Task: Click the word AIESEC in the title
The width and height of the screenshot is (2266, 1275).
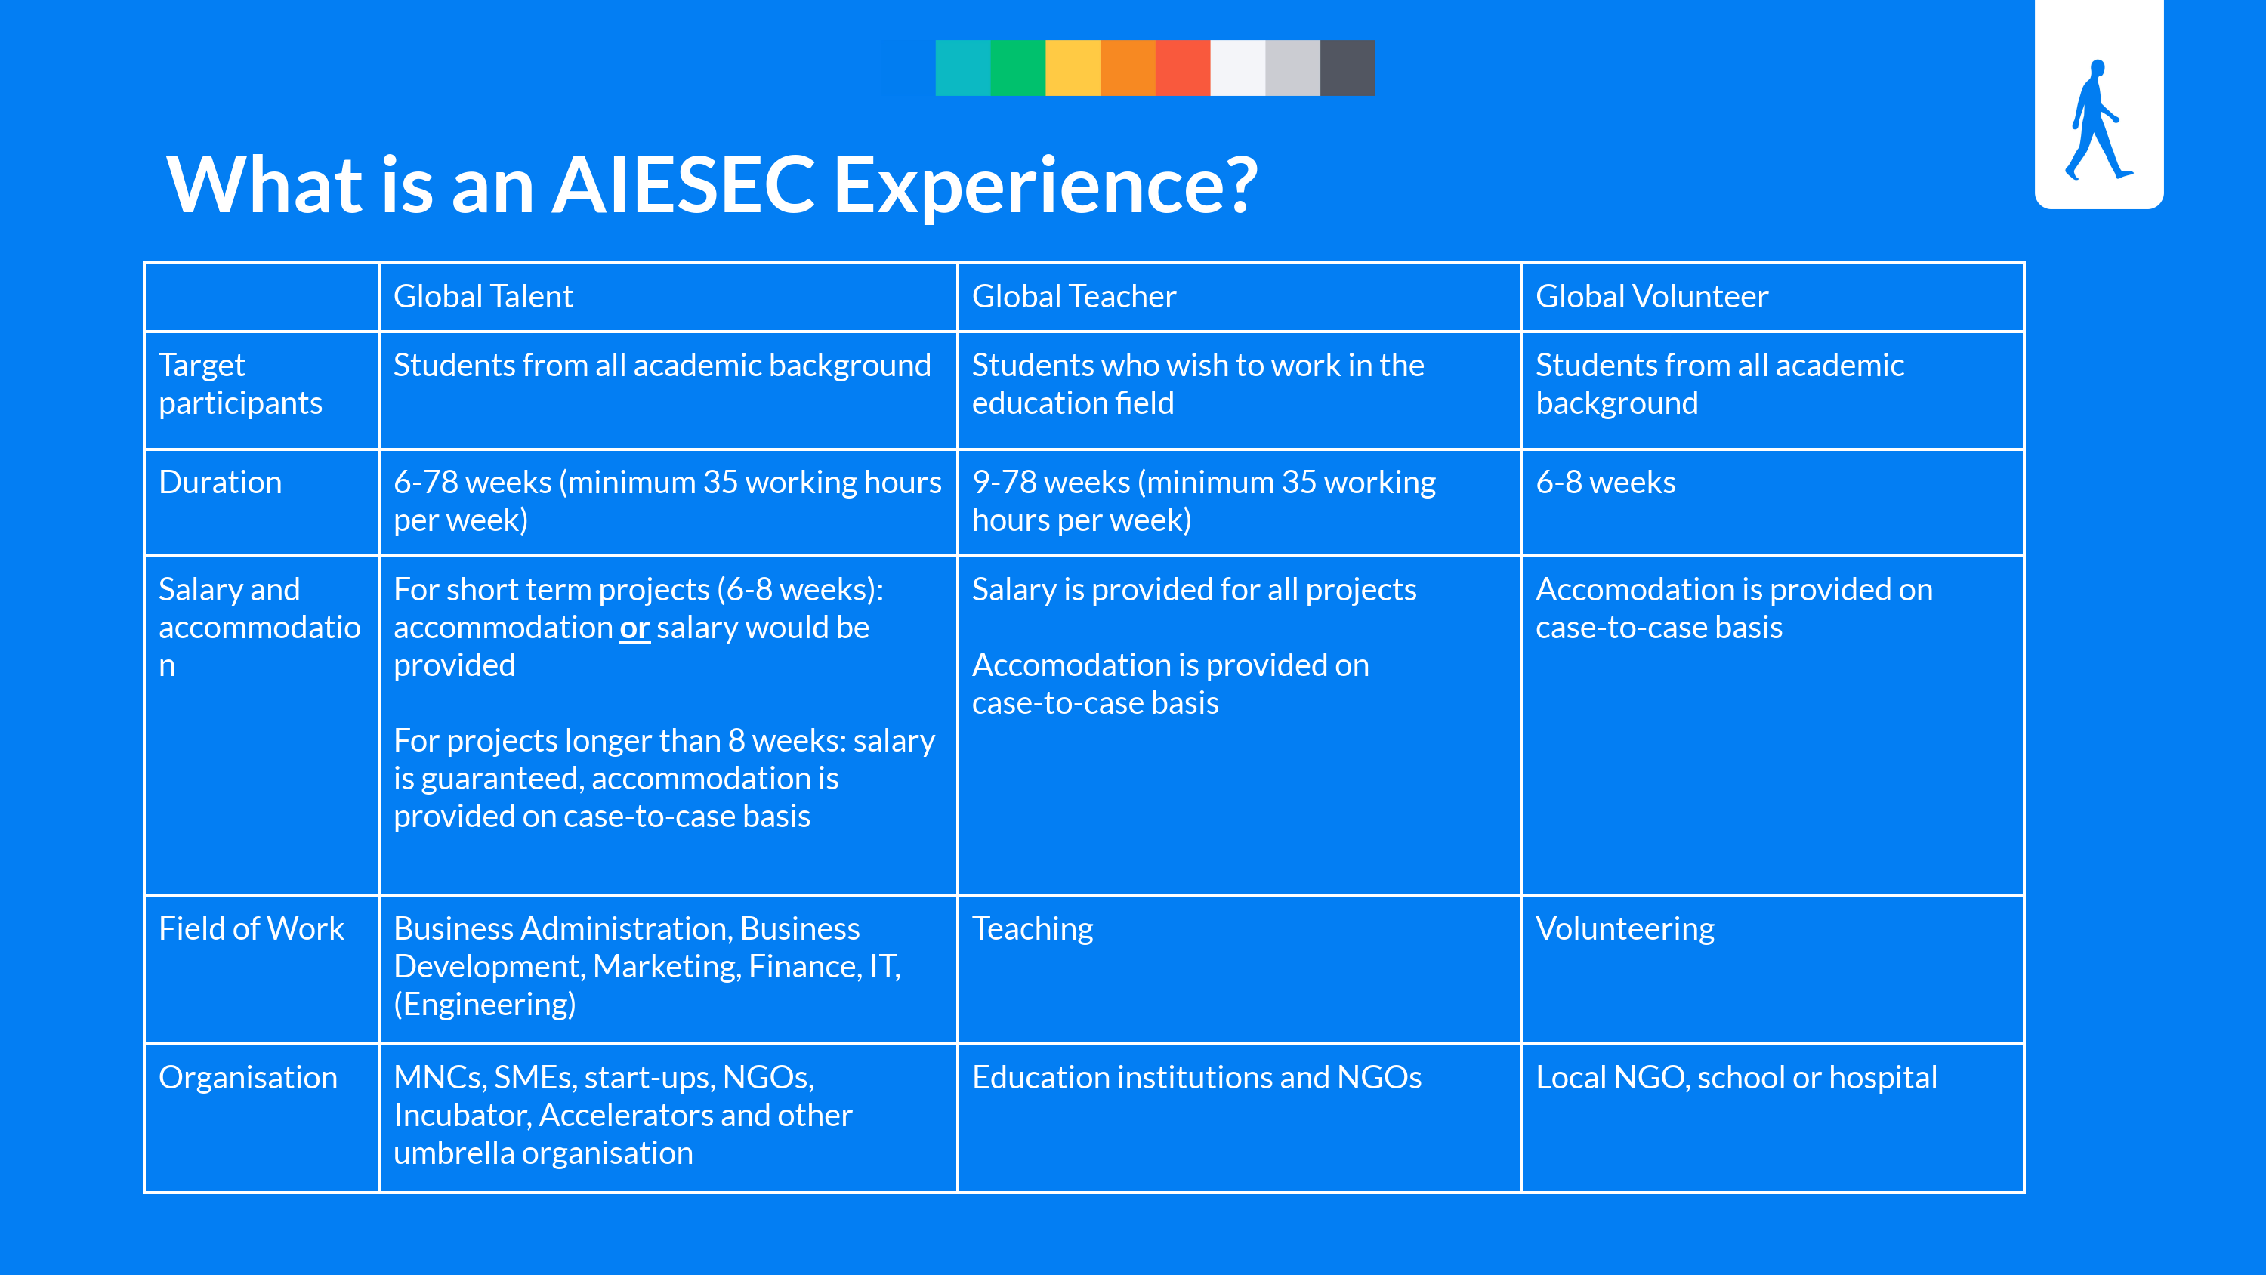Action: [x=684, y=185]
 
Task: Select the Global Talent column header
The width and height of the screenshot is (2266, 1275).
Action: [x=483, y=297]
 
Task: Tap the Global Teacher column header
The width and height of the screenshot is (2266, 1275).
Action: [x=1073, y=297]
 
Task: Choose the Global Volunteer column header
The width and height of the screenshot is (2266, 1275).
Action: [x=1651, y=297]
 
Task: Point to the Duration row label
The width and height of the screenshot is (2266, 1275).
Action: [x=220, y=482]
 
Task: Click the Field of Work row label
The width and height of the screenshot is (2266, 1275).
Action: [x=251, y=928]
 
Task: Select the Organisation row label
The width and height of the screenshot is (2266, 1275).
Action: [x=248, y=1077]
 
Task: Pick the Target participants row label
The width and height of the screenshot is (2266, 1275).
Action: [x=240, y=384]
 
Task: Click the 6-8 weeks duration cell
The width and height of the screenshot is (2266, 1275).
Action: [x=1605, y=482]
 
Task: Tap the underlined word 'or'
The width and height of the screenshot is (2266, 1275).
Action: [x=634, y=628]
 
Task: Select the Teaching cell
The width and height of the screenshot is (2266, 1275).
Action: [x=1032, y=929]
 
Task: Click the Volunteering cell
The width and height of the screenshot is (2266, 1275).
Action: [x=1625, y=929]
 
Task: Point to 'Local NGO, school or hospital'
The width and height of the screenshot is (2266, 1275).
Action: [x=1736, y=1078]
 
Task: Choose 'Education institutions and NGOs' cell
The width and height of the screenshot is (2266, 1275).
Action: [x=1196, y=1078]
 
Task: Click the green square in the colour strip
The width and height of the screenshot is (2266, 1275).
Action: [x=1017, y=68]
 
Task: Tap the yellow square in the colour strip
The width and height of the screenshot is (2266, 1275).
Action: [x=1073, y=68]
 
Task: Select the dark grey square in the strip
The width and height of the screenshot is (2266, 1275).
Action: [x=1348, y=68]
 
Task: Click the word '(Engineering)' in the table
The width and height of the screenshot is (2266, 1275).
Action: [x=485, y=1004]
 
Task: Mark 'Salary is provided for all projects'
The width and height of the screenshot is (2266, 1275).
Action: [x=1193, y=590]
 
